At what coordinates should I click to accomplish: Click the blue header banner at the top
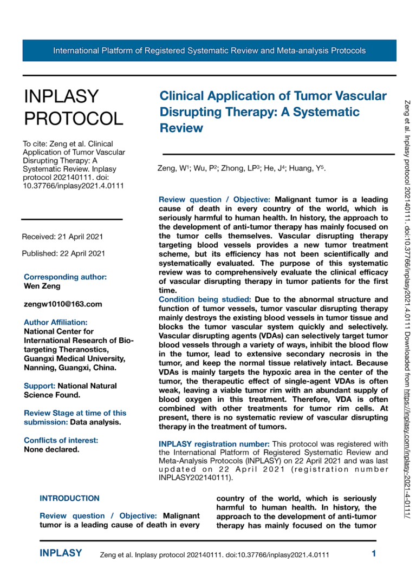(209, 51)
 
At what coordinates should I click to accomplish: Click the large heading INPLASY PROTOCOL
(73, 107)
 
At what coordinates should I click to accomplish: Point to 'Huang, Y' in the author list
(308, 169)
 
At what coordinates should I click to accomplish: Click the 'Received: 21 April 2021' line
(62, 237)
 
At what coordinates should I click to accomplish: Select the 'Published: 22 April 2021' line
(63, 253)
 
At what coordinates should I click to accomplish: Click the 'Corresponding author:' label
(65, 277)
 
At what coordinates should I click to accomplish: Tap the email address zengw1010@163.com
(63, 304)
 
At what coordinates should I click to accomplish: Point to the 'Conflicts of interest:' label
(61, 440)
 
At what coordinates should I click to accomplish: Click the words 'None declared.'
(51, 449)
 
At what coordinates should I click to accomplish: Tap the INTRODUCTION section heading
(69, 498)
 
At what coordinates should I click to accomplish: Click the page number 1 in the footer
(374, 553)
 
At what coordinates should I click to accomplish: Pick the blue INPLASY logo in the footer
(61, 553)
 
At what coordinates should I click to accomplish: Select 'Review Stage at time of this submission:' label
(75, 417)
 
